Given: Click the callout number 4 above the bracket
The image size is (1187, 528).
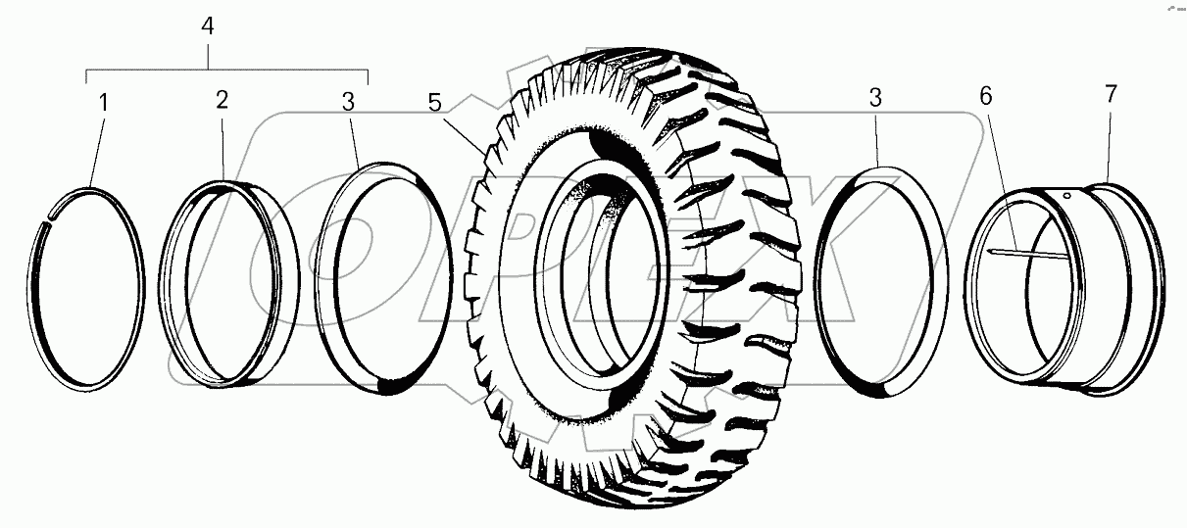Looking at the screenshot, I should point(207,26).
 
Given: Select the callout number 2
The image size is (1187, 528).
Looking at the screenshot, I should point(223,100).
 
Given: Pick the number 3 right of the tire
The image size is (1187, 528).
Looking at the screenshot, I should point(876,98).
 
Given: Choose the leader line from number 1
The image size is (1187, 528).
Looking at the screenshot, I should point(95,147).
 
